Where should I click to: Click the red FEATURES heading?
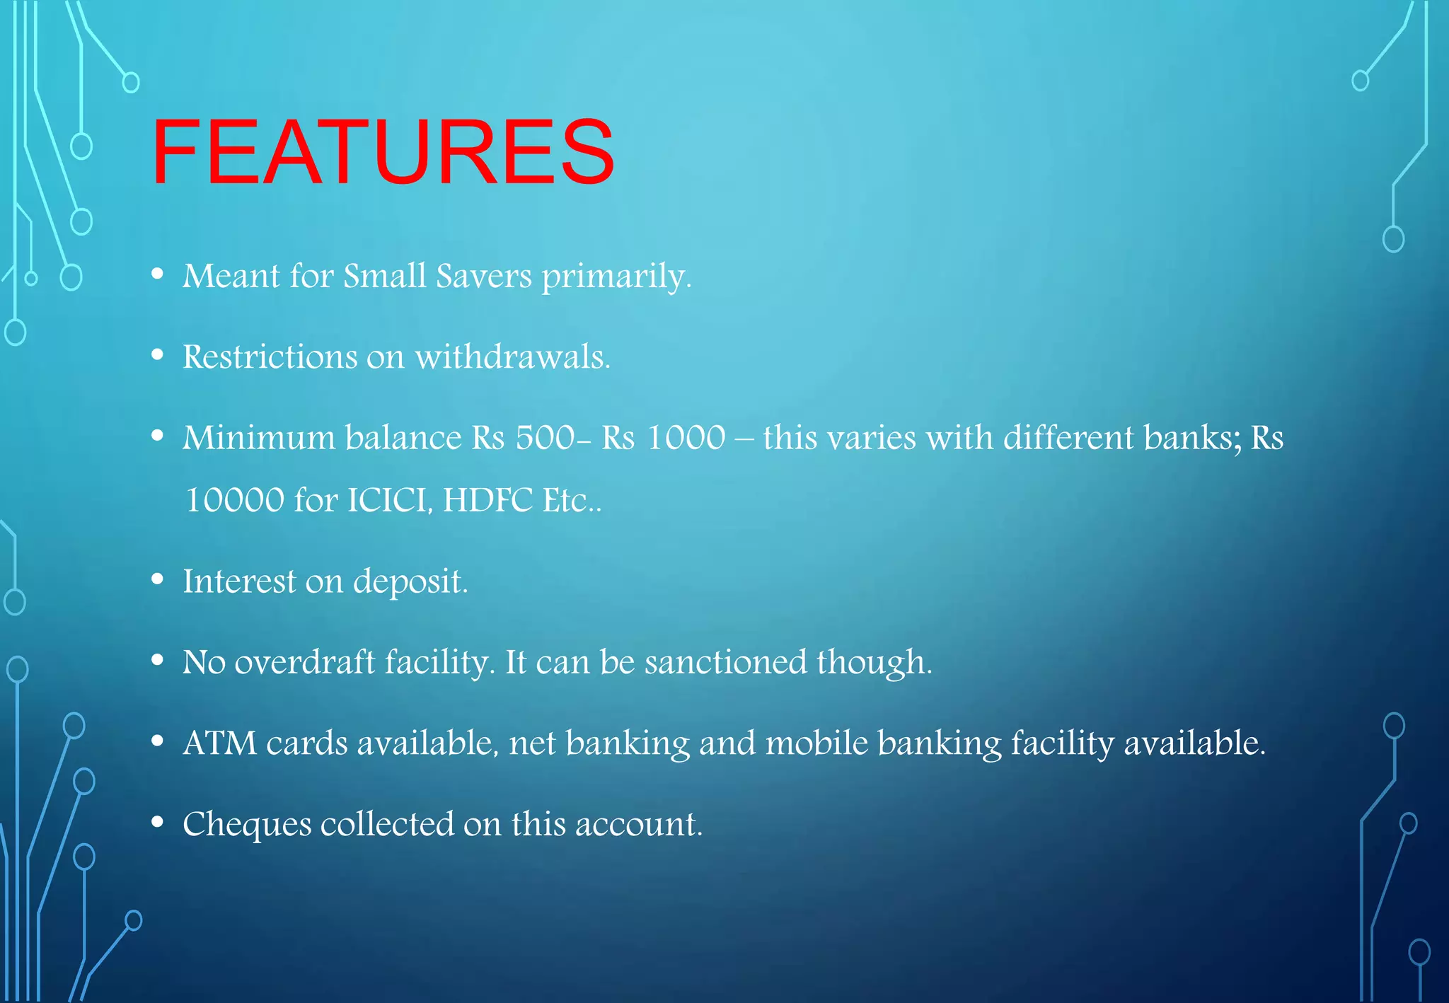(383, 152)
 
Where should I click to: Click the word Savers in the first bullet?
(484, 276)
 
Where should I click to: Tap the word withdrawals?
(512, 356)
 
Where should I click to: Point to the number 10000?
(234, 500)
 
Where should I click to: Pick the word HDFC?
(488, 500)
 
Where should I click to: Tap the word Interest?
(239, 581)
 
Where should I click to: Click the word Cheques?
(247, 825)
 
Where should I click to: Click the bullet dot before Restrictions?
(158, 355)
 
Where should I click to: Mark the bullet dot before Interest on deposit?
(158, 580)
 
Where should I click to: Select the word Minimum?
(259, 438)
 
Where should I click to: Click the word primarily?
(616, 276)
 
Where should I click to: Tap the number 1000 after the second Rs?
(686, 438)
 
